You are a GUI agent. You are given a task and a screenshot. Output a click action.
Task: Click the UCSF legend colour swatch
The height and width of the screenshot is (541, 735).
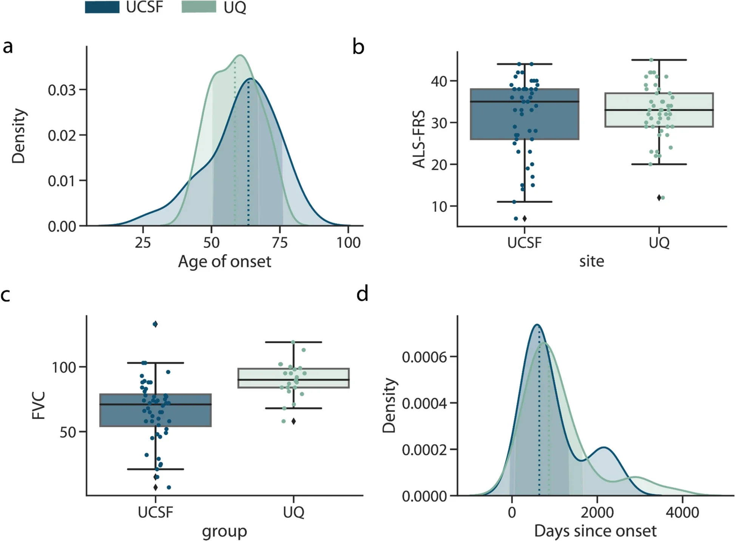tap(102, 7)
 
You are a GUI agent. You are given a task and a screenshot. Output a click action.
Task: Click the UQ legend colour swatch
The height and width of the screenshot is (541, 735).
tap(199, 7)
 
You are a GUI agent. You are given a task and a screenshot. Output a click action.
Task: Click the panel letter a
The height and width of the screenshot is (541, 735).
tap(8, 47)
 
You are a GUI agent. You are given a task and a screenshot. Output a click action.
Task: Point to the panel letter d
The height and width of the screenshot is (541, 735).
tap(362, 294)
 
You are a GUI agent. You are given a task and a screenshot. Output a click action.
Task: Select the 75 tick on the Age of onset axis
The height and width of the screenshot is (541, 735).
tap(279, 242)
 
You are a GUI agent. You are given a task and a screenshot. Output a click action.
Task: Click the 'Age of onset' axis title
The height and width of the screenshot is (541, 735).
tap(224, 262)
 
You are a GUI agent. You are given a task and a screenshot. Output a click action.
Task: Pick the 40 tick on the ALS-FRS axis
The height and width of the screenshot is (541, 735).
tap(439, 81)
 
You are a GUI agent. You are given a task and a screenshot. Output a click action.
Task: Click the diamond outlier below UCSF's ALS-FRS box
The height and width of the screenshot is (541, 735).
tap(524, 219)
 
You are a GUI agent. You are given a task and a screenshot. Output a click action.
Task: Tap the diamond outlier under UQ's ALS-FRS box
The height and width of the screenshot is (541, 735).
tap(659, 198)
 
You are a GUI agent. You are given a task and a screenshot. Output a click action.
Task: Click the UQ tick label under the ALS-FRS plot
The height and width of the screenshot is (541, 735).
tap(659, 242)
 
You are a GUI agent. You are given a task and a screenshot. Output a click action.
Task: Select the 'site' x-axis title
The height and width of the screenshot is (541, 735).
tap(591, 262)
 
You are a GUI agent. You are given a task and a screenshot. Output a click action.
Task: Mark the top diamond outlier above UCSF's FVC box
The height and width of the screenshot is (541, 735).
tap(155, 324)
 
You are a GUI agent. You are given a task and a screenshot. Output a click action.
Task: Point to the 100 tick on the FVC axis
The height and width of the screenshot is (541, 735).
tap(64, 367)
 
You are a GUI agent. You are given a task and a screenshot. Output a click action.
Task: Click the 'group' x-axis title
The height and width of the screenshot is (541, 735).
tap(224, 531)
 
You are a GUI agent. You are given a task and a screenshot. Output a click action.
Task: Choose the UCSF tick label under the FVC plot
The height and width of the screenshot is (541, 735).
tap(155, 512)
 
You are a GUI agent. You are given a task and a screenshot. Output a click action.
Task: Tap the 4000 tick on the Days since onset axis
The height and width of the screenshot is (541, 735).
tap(682, 512)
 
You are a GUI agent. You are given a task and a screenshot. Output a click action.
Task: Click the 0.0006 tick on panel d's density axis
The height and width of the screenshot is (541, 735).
tap(424, 357)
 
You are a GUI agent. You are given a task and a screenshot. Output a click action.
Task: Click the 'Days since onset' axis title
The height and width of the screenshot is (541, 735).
tap(595, 531)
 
